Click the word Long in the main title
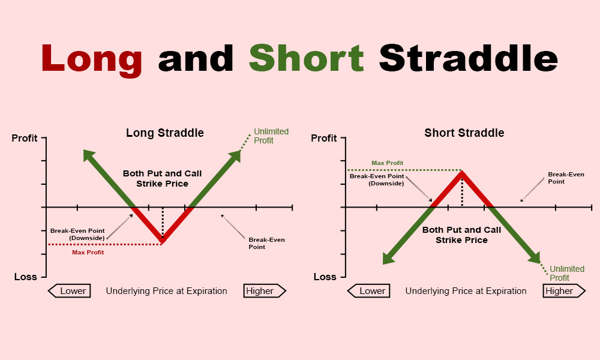[92, 58]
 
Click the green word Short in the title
[306, 58]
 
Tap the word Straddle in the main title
[468, 58]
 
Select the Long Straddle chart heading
[164, 133]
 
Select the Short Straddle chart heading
[464, 133]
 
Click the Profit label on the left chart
[25, 139]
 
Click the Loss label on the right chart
[325, 277]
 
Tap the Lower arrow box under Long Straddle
[70, 291]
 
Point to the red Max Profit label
[88, 253]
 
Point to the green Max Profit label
[387, 163]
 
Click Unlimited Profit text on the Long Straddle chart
[271, 136]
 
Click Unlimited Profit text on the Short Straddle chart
[566, 273]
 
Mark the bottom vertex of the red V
[162, 241]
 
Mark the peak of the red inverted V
[461, 173]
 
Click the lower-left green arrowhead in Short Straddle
[389, 258]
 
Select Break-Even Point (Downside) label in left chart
[77, 234]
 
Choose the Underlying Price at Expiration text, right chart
[466, 291]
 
